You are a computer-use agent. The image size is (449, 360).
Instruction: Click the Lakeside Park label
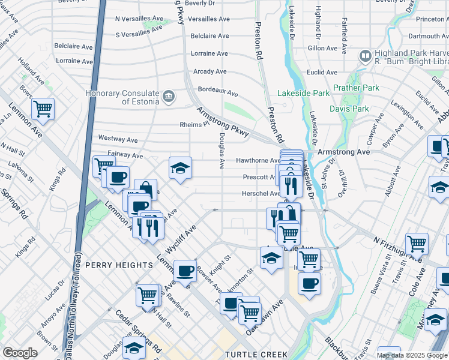(x=303, y=93)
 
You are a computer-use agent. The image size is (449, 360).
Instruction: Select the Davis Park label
(x=349, y=109)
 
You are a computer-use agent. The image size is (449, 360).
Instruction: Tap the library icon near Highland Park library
(x=364, y=56)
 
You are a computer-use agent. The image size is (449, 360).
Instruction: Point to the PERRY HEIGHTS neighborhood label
(x=119, y=265)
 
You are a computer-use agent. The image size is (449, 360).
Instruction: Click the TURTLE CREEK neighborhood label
(x=256, y=355)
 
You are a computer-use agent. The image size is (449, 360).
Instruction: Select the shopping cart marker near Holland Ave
(x=43, y=109)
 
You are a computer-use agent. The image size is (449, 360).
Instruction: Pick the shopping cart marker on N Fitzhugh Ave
(x=417, y=244)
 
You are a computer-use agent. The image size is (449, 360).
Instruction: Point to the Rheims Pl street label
(x=193, y=125)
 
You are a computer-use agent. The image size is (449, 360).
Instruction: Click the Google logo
(x=20, y=353)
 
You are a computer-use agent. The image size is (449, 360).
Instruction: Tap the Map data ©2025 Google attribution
(x=412, y=355)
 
